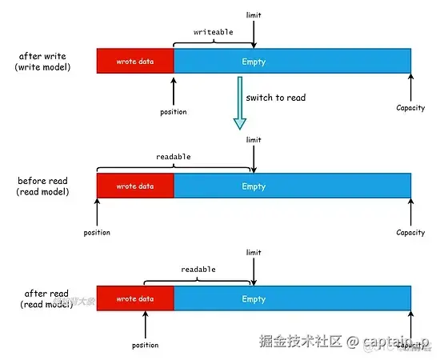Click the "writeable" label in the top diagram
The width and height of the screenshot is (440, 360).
click(x=212, y=32)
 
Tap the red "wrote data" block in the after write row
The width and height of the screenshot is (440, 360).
click(x=135, y=62)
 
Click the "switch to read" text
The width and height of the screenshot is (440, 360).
click(x=276, y=98)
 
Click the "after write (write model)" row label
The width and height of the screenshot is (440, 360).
click(x=43, y=62)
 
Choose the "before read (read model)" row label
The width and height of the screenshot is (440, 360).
click(x=44, y=186)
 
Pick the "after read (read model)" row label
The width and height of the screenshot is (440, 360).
click(x=44, y=298)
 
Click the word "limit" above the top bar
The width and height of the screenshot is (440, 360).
click(x=254, y=15)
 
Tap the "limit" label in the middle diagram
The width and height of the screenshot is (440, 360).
click(x=254, y=140)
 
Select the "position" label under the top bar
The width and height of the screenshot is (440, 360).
click(x=173, y=112)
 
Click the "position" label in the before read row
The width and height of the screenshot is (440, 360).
click(x=97, y=233)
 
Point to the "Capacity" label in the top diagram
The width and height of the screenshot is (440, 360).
click(x=410, y=107)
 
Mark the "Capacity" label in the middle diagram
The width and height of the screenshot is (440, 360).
click(x=410, y=233)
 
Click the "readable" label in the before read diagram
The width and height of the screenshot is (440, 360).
click(x=174, y=157)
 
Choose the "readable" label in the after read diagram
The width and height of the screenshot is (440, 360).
click(x=198, y=270)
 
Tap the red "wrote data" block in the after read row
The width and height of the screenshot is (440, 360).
click(x=135, y=298)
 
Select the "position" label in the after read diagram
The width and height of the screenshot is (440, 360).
click(x=145, y=346)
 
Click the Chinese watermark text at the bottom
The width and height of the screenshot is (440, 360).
click(x=300, y=342)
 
